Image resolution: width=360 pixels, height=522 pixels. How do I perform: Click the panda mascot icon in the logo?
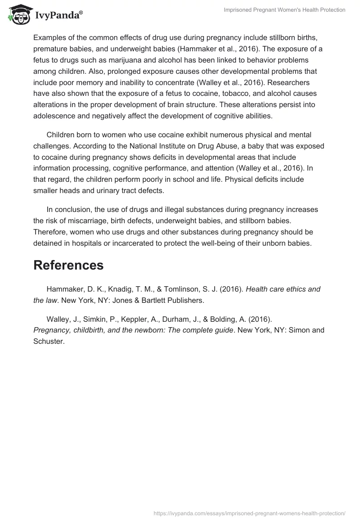[18, 14]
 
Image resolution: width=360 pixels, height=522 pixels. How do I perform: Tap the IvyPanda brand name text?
[58, 15]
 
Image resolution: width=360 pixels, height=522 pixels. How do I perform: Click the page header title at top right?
[284, 10]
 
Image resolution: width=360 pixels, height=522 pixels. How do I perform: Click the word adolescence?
[55, 115]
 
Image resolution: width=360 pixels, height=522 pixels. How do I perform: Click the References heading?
[68, 265]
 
